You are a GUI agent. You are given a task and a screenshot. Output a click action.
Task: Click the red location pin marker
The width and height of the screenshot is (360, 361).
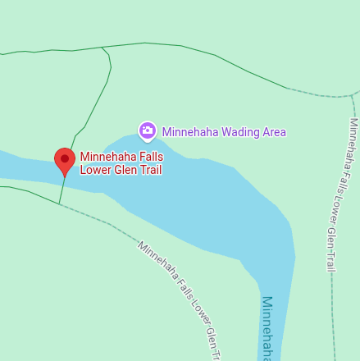[x=64, y=161]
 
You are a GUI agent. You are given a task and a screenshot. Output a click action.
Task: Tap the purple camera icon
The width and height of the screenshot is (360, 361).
[x=148, y=130]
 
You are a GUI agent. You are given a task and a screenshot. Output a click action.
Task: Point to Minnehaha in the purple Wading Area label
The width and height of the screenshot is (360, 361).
[x=191, y=131]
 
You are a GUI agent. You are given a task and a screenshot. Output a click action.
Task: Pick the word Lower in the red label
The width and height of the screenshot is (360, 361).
[x=96, y=170]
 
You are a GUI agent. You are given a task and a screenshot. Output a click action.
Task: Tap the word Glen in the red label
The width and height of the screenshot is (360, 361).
[x=127, y=170]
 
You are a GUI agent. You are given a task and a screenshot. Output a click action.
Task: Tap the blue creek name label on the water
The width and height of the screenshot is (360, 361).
[x=267, y=328]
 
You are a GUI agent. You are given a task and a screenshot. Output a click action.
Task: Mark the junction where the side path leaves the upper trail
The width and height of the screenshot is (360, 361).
[x=102, y=48]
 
